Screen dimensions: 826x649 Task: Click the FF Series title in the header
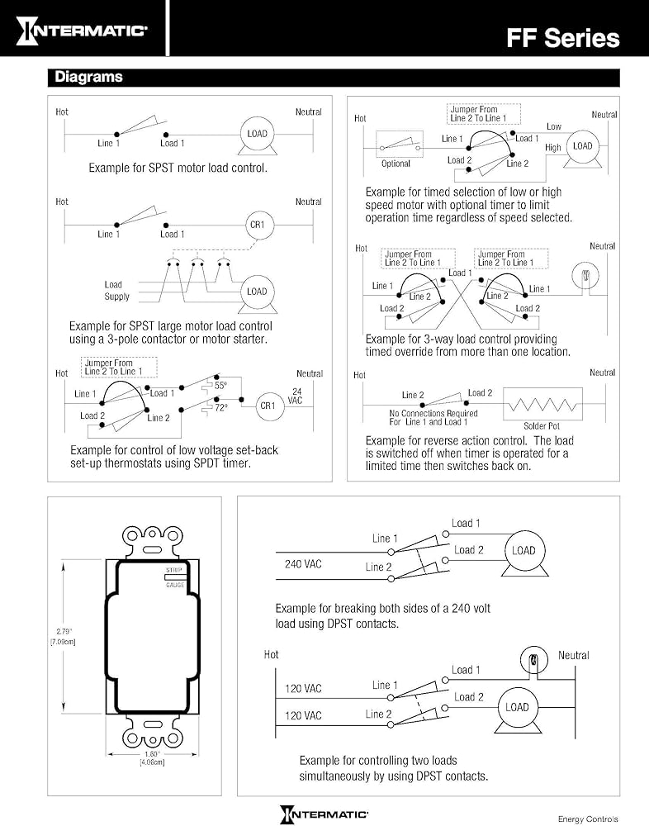coord(562,37)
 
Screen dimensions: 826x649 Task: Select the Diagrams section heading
coord(88,78)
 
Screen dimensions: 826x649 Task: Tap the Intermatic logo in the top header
coord(82,31)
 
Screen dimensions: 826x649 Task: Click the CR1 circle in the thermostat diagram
coord(268,406)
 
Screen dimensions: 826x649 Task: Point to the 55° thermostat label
coord(220,386)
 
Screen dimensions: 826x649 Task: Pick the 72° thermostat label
coord(220,409)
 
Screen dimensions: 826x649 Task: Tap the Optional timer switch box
coord(399,149)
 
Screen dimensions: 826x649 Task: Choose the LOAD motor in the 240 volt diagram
coord(523,551)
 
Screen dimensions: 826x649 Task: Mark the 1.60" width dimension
coord(152,757)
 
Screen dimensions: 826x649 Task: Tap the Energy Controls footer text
coord(588,819)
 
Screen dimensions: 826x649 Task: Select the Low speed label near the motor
coord(553,126)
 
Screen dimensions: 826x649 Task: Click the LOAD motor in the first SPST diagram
coord(257,135)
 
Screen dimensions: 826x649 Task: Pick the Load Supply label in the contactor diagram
coord(116,291)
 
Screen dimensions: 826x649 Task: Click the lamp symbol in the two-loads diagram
coord(533,660)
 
